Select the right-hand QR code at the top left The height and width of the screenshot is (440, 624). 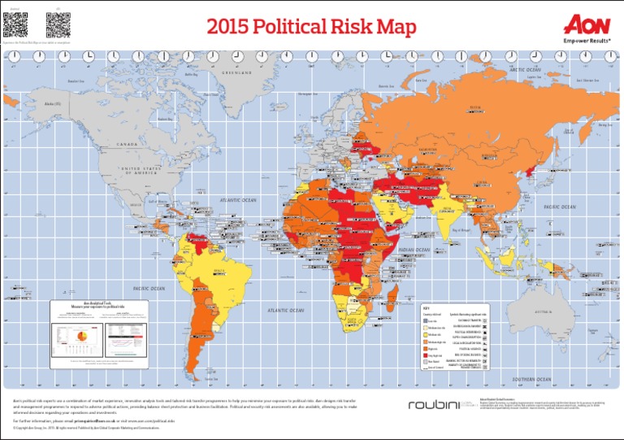pyautogui.click(x=57, y=24)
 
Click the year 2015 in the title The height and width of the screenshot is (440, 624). pyautogui.click(x=236, y=28)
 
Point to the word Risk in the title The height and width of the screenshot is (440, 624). pyautogui.click(x=359, y=28)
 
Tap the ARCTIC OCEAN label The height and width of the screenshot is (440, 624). pyautogui.click(x=524, y=70)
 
